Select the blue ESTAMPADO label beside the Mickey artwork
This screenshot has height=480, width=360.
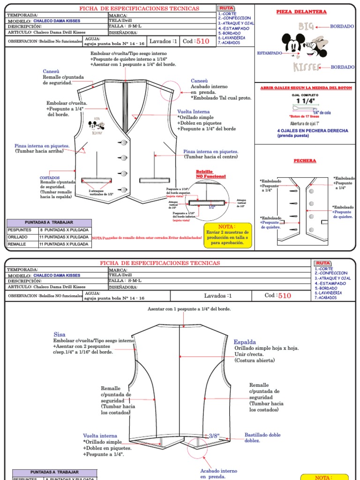(x=269, y=53)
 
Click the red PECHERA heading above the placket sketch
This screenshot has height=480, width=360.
(x=305, y=161)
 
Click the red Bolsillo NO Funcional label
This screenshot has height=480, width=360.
(x=210, y=174)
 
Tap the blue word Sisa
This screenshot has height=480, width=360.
(x=60, y=334)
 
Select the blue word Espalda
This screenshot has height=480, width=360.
(x=245, y=342)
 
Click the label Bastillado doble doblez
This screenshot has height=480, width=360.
(x=262, y=438)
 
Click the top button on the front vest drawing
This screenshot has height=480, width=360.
(x=124, y=142)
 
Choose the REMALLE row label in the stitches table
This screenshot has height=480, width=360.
(x=20, y=244)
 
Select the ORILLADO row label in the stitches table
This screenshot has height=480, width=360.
(x=20, y=237)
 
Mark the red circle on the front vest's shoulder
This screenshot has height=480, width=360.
(x=170, y=90)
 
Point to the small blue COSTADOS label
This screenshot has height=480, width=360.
(x=50, y=178)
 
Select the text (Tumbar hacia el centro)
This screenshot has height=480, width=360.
(x=210, y=157)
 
